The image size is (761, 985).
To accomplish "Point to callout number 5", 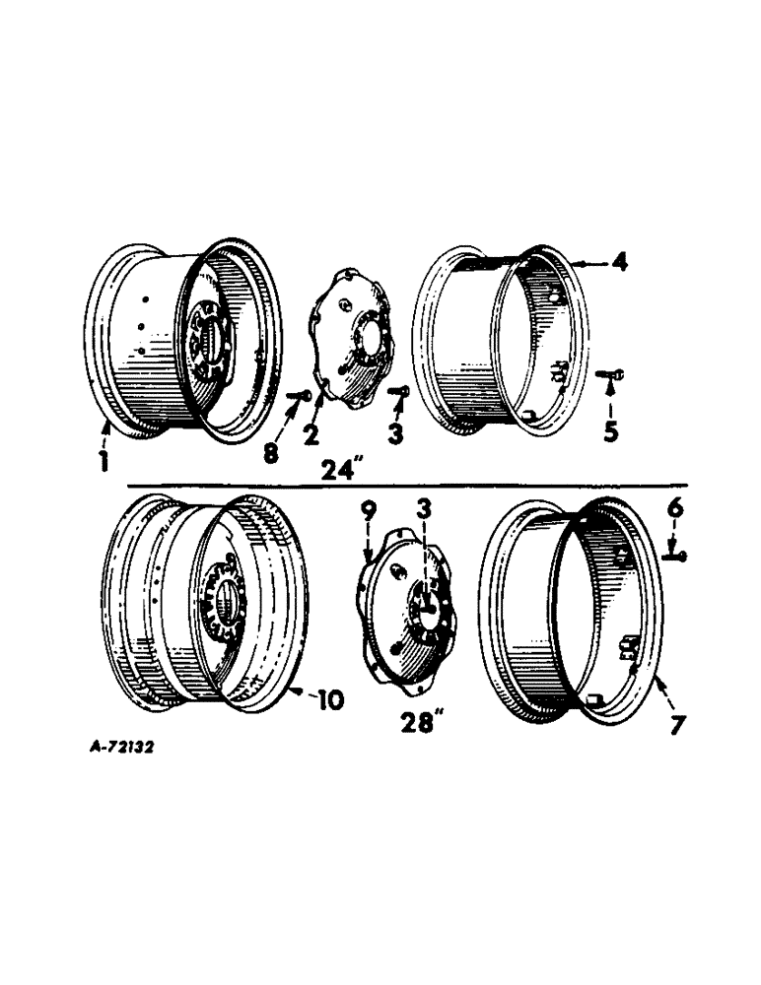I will pos(610,431).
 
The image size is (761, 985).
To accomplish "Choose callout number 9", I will pos(368,511).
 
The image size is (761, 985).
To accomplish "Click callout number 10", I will pos(329,701).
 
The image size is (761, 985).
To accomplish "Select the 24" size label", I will pos(340,470).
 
